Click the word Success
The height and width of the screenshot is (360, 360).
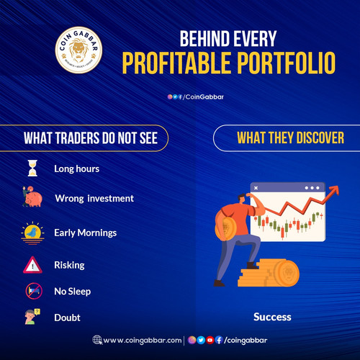click(273, 316)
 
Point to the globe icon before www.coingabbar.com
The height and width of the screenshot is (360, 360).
click(97, 340)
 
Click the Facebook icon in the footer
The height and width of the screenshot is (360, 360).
click(219, 340)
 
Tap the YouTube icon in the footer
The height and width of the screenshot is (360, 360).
click(210, 340)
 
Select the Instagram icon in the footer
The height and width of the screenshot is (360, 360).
click(192, 340)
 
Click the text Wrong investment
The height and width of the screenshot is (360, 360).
click(94, 198)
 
